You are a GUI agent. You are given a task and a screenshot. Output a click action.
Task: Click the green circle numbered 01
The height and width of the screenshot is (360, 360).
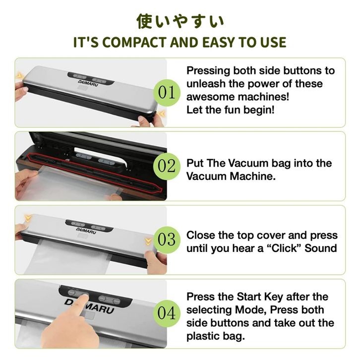167,93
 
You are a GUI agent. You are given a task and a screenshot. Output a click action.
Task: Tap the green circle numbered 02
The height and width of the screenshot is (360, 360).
167,166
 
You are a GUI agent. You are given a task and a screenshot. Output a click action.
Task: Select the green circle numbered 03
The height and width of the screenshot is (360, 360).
167,240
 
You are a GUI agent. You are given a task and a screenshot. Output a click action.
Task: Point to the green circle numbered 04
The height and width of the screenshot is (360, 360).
167,313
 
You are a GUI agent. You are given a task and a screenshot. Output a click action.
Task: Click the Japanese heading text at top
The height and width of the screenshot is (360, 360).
180,21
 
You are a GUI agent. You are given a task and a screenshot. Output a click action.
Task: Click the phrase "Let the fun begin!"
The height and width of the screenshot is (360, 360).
231,110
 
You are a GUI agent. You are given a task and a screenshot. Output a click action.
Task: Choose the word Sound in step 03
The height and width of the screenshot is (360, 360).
321,248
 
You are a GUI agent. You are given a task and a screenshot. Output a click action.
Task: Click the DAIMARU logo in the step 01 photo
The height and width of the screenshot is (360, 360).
88,83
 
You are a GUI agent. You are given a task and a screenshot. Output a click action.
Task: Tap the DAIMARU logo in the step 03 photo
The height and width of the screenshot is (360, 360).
86,231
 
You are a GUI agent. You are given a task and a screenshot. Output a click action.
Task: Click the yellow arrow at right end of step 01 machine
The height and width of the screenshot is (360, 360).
162,114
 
